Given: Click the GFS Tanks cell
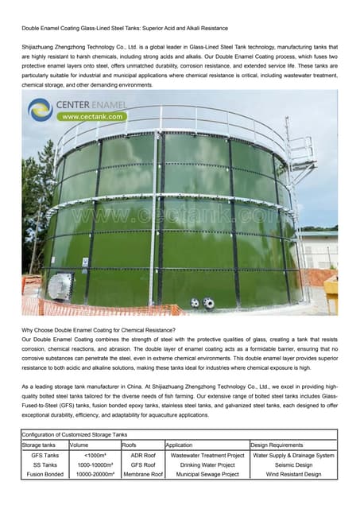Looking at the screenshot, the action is (x=45, y=455).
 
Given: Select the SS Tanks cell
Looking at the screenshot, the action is (x=45, y=464).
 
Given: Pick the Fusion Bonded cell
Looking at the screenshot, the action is (x=45, y=474).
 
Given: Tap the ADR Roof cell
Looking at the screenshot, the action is (x=142, y=455).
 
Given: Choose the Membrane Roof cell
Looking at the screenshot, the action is (x=142, y=474).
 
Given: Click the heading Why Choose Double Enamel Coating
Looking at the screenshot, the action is (x=99, y=330).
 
